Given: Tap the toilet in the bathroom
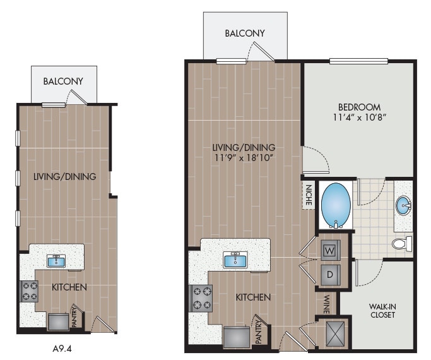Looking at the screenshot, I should tap(401, 243).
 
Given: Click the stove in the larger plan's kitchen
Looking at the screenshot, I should tap(201, 298).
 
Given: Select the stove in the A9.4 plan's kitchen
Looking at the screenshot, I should tap(30, 291).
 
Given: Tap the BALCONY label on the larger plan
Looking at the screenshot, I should tap(245, 33).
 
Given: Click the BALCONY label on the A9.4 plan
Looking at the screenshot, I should tap(62, 81).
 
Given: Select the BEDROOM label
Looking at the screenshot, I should tap(358, 107).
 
